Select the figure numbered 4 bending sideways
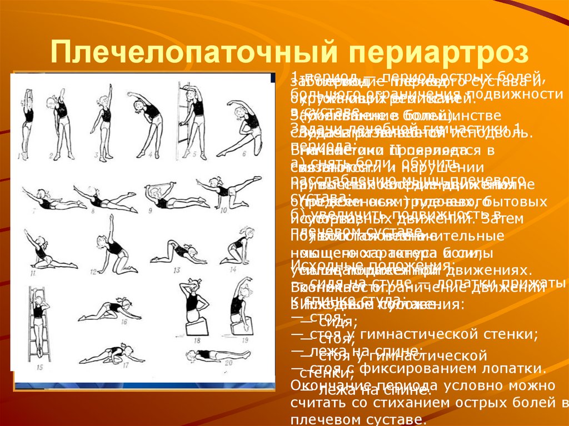coord(149,119)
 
